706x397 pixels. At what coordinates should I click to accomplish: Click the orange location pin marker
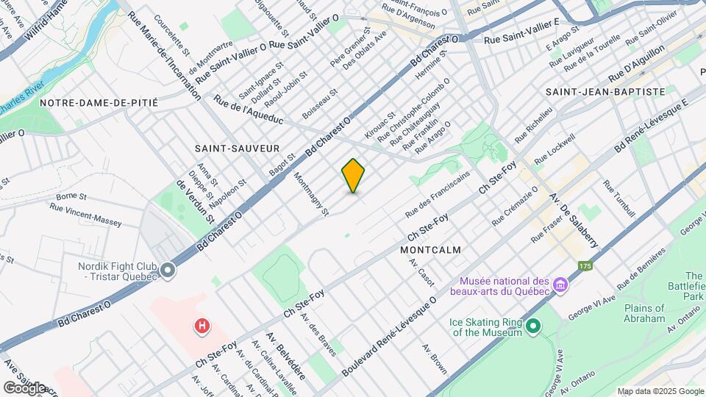[x=353, y=175]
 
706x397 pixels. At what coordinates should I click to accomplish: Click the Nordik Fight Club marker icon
[x=168, y=271]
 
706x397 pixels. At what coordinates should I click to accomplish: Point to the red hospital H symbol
[x=200, y=325]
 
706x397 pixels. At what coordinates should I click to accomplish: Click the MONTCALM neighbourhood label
[x=431, y=250]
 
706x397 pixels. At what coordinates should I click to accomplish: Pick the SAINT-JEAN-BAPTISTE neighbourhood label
[x=605, y=91]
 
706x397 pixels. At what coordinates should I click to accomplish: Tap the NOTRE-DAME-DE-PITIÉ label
[x=99, y=103]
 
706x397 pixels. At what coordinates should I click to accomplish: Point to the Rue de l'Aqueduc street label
[x=248, y=109]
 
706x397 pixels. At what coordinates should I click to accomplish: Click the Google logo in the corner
[x=24, y=387]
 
